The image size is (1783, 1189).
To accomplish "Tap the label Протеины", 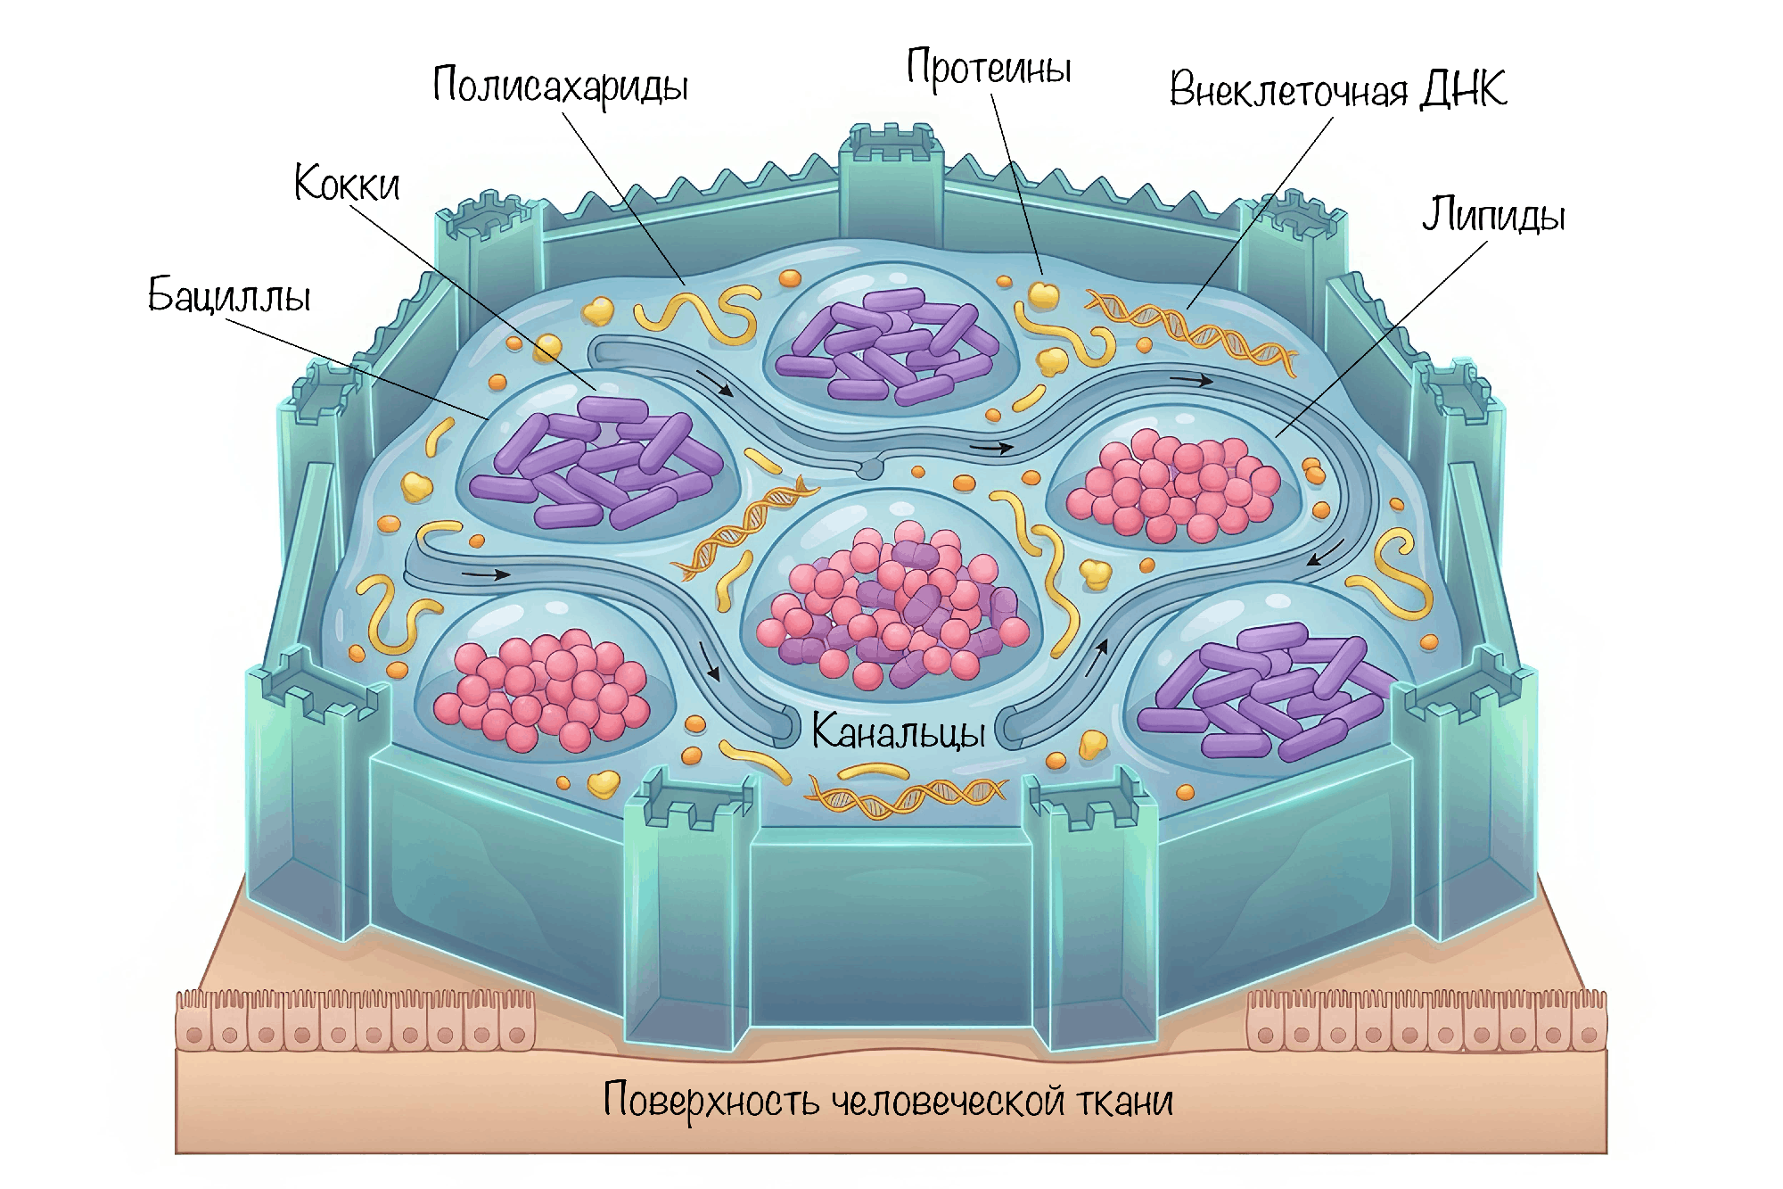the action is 989,68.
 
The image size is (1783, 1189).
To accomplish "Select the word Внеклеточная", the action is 1288,90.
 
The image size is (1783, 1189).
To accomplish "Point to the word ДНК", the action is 1463,88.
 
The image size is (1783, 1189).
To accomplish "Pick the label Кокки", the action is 347,184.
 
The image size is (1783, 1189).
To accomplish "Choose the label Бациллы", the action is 229,295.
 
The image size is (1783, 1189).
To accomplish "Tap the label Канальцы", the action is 899,732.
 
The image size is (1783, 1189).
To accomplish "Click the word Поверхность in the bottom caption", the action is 711,1100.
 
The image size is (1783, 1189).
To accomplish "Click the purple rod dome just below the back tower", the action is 891,343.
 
